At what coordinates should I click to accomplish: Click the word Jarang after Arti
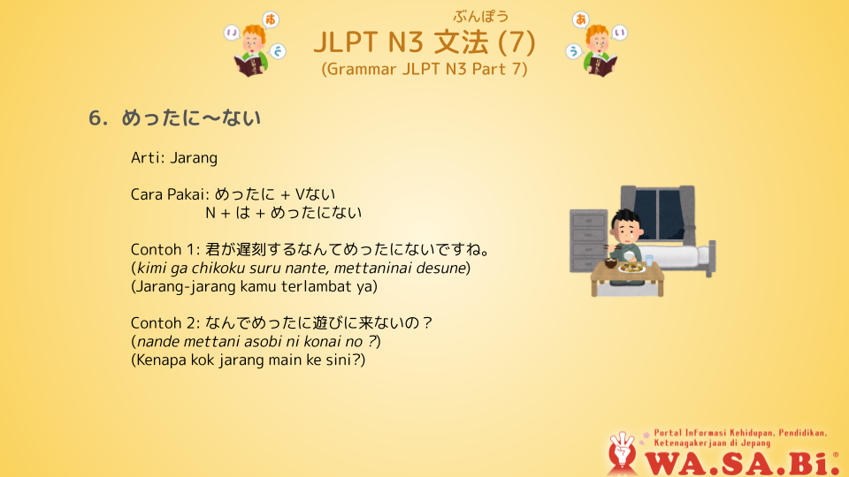194,158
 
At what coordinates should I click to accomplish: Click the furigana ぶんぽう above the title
481,17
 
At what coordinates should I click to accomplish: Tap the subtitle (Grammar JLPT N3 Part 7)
424,69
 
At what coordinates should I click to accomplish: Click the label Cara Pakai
170,194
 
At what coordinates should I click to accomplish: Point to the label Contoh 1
165,249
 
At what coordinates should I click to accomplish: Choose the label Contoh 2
165,323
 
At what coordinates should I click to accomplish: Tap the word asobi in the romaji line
262,342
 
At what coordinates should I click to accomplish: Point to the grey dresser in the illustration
587,240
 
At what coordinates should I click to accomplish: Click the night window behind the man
657,213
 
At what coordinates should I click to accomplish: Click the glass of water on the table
649,260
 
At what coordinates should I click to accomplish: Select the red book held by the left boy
249,66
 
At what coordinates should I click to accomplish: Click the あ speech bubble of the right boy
580,20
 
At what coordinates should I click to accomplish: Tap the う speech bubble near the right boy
573,51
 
